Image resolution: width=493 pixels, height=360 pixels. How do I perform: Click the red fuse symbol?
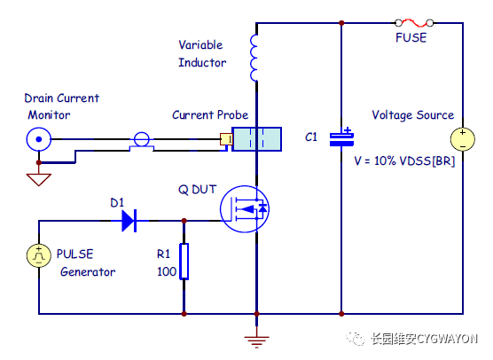pyautogui.click(x=414, y=23)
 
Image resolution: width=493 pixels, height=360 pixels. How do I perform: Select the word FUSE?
pyautogui.click(x=411, y=38)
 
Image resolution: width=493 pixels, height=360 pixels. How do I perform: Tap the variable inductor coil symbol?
pyautogui.click(x=254, y=58)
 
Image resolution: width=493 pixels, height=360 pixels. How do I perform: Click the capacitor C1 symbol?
pyautogui.click(x=341, y=138)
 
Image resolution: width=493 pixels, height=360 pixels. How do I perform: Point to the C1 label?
pyautogui.click(x=311, y=137)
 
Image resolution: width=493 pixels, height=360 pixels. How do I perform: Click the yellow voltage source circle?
pyautogui.click(x=463, y=139)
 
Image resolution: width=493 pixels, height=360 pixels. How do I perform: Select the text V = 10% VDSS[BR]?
pyautogui.click(x=404, y=161)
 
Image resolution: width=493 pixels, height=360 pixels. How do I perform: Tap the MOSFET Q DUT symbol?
pyautogui.click(x=245, y=209)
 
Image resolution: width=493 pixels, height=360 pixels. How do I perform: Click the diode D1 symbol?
pyautogui.click(x=129, y=221)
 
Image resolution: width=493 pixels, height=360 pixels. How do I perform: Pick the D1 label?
pyautogui.click(x=117, y=203)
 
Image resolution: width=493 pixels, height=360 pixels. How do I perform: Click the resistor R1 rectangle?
pyautogui.click(x=184, y=262)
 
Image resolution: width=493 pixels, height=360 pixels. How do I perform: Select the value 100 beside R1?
pyautogui.click(x=167, y=271)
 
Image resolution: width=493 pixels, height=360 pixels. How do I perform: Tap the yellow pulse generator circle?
pyautogui.click(x=39, y=256)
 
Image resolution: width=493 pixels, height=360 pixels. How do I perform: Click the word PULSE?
pyautogui.click(x=74, y=254)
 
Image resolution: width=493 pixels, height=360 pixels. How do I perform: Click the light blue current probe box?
pyautogui.click(x=256, y=139)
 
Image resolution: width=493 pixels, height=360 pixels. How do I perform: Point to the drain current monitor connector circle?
pyautogui.click(x=39, y=139)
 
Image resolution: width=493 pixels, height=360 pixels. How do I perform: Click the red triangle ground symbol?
pyautogui.click(x=39, y=180)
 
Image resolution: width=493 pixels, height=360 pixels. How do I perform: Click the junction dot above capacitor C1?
pyautogui.click(x=341, y=23)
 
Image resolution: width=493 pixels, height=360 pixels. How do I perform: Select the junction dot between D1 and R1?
pyautogui.click(x=184, y=221)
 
